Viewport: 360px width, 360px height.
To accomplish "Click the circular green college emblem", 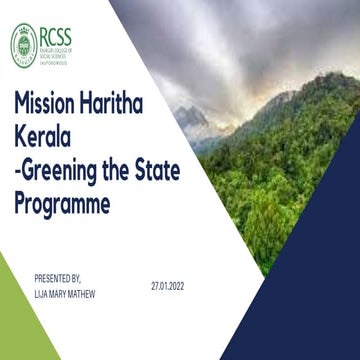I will point(24,40).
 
